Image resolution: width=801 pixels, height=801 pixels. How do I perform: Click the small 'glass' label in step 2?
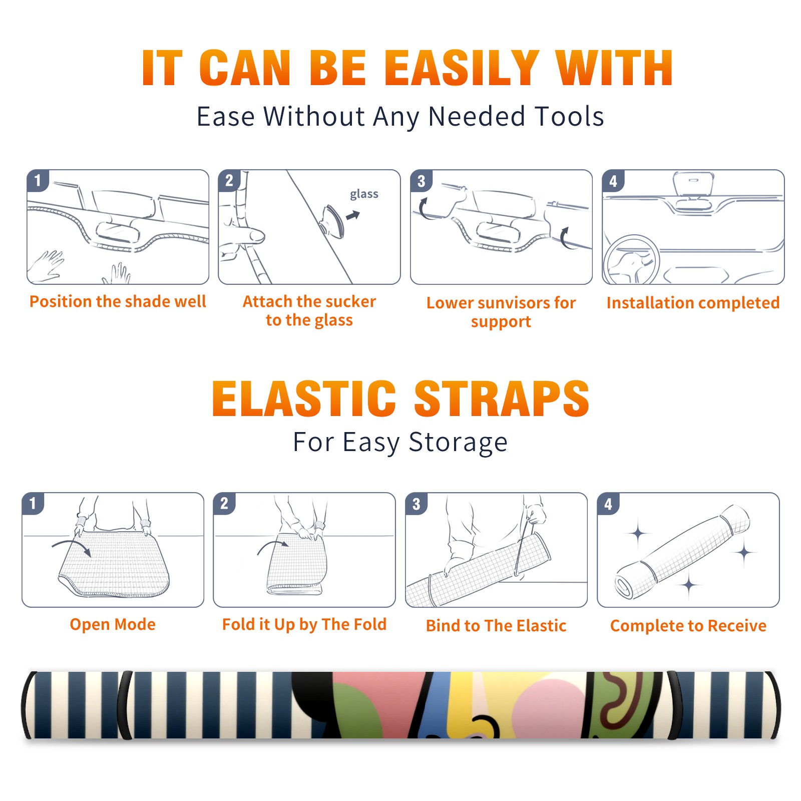[x=364, y=194]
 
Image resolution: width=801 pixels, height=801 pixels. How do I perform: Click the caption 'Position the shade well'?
[x=118, y=301]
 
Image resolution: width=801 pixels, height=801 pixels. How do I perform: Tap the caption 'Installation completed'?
[x=693, y=302]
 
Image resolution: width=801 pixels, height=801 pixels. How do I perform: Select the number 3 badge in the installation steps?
[x=421, y=181]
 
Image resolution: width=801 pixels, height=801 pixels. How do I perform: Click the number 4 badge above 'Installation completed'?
[x=613, y=181]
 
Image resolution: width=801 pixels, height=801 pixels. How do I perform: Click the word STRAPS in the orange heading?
[x=502, y=398]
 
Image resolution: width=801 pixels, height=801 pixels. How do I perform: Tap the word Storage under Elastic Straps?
[x=458, y=443]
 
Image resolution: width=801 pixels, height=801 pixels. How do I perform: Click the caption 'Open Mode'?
[x=113, y=624]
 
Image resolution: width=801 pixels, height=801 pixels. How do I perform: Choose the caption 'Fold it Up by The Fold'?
[x=304, y=624]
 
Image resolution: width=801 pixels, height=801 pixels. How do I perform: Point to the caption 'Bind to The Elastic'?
[x=496, y=626]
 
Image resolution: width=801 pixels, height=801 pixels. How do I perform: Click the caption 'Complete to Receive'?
[x=688, y=626]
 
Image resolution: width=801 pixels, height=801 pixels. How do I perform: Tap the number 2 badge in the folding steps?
[x=224, y=504]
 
